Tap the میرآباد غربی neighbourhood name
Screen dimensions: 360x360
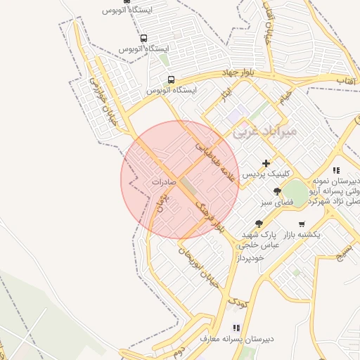[265, 131]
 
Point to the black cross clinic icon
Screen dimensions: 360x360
[265, 163]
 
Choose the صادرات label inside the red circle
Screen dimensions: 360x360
[162, 181]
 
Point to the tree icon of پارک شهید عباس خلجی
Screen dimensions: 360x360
[259, 223]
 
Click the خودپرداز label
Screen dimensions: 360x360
[250, 258]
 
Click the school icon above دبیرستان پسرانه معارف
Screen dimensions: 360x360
[236, 328]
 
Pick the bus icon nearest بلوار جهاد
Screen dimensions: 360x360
[172, 79]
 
